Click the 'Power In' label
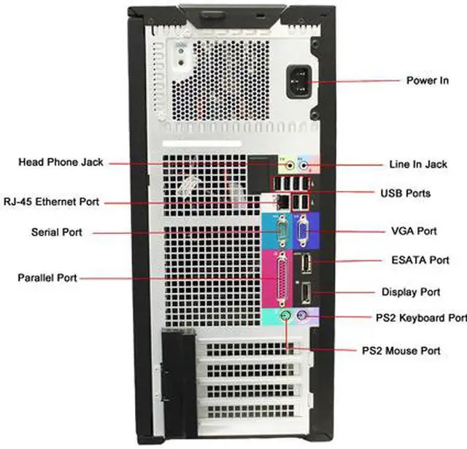tap(427, 80)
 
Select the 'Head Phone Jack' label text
tap(61, 162)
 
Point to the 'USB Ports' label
tap(405, 193)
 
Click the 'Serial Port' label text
tap(56, 233)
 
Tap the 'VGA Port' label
tap(414, 231)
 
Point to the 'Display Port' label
tap(411, 292)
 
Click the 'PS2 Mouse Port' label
tap(401, 351)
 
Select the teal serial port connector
tap(277, 232)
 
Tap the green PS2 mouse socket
tap(287, 316)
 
